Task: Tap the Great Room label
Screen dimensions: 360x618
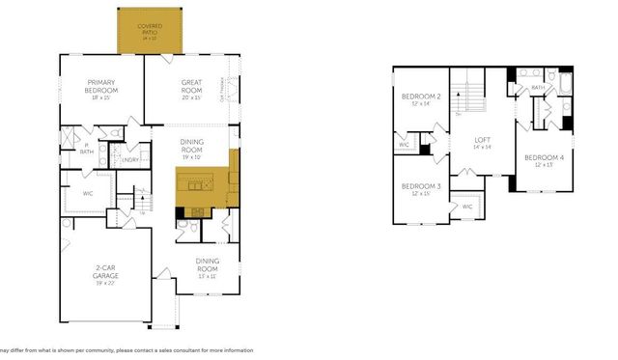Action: (191, 86)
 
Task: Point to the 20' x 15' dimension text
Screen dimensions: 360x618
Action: (191, 97)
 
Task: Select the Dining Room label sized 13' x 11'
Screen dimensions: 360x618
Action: (207, 263)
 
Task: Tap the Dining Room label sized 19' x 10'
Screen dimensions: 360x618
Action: (192, 147)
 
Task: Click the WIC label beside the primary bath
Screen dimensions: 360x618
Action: (87, 193)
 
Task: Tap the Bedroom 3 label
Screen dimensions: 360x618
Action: (420, 186)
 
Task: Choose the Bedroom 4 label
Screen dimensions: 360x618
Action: (543, 157)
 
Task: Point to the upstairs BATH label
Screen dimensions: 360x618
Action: (538, 89)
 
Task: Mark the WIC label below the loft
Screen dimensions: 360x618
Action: (466, 206)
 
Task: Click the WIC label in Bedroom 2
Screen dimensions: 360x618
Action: (404, 145)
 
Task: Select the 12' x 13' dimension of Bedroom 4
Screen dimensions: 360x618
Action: (543, 165)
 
